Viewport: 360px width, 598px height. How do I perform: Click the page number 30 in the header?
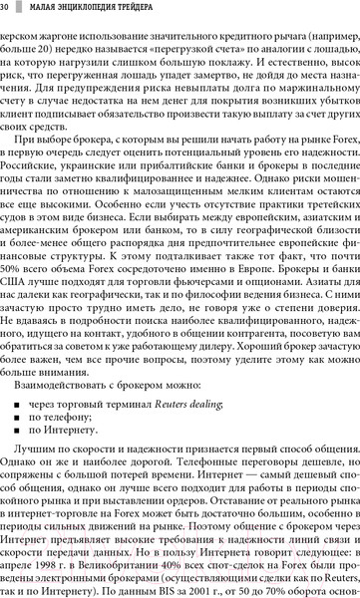tap(6, 9)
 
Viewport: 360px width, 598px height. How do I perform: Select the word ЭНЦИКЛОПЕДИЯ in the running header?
tap(93, 9)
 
